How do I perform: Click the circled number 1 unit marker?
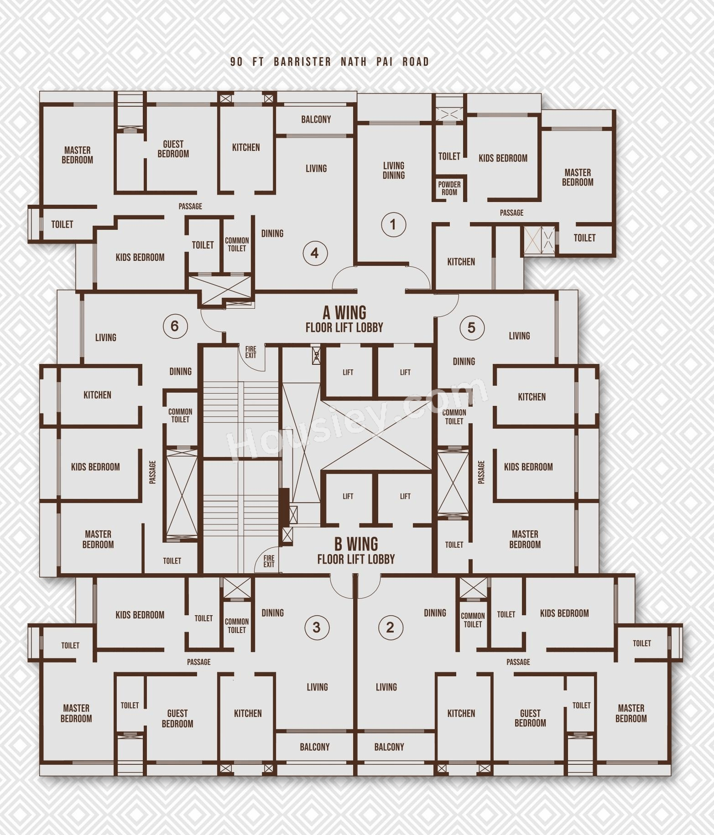point(393,224)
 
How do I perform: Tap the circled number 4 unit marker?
point(315,253)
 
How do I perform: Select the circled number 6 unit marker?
point(175,326)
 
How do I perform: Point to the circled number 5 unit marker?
point(471,327)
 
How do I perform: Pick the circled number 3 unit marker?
point(317,628)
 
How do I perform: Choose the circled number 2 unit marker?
point(390,628)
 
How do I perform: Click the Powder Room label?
point(449,188)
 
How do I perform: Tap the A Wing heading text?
point(344,313)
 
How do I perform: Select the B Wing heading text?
point(356,544)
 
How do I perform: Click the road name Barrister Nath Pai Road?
point(351,62)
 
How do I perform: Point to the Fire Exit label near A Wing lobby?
point(250,353)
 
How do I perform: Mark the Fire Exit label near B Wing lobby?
point(269,561)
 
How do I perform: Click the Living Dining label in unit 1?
point(394,170)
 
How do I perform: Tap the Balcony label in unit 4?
point(316,119)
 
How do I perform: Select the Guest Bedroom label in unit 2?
point(530,718)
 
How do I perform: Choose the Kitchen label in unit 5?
point(532,397)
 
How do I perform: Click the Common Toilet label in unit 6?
point(180,415)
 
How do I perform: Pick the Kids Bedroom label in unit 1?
point(503,158)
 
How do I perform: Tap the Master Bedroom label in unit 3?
point(76,713)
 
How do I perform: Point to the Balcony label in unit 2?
point(389,747)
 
